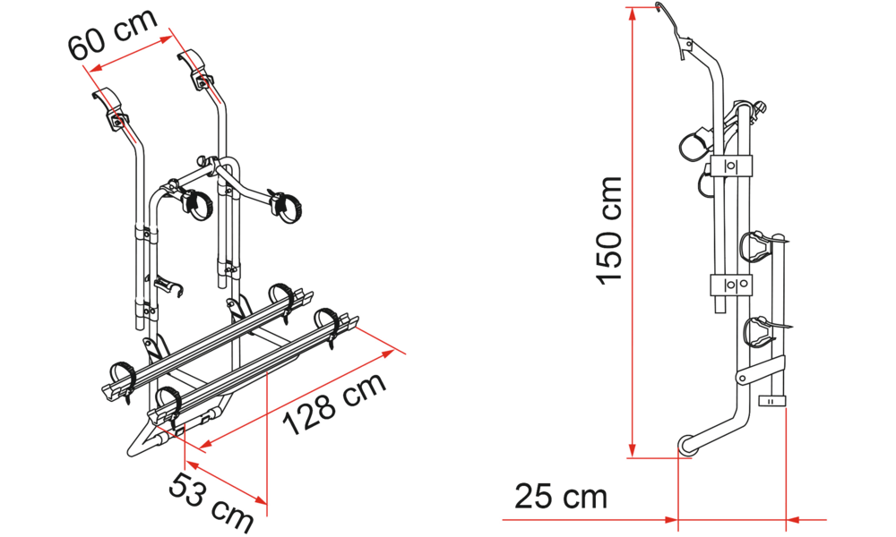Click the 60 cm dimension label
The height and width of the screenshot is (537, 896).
[x=113, y=34]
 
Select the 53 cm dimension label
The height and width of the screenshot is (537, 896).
[x=211, y=501]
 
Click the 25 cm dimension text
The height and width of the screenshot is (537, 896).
[x=561, y=496]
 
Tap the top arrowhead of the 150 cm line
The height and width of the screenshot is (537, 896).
[x=632, y=13]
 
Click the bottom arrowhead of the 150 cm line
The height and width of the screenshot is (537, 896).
[x=632, y=449]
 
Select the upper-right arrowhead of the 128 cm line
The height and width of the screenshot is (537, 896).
[x=388, y=354]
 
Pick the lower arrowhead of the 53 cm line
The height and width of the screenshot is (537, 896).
[x=260, y=500]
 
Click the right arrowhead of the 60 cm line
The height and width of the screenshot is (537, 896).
[x=166, y=39]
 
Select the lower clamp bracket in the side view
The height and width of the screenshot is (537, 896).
[x=731, y=285]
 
